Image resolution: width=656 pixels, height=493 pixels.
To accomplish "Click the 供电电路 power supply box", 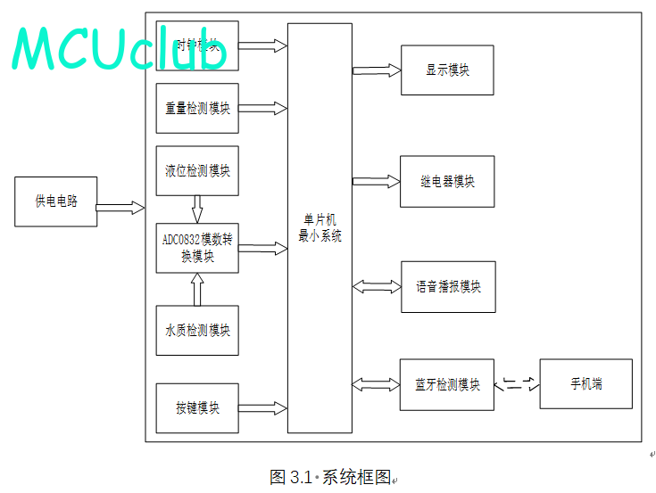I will point(55,201).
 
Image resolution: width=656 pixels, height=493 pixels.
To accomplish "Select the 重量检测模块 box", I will point(197,109).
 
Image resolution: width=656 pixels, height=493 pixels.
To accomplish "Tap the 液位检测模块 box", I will point(197,170).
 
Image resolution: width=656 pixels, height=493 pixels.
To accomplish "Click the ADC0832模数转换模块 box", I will point(197,248).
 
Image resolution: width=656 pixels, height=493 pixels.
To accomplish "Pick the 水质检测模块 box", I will point(197,330).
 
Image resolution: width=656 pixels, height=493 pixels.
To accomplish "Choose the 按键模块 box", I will point(197,408).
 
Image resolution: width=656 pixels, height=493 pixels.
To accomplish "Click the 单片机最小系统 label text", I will point(320,228).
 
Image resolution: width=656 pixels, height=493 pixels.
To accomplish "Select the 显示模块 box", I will point(447,70).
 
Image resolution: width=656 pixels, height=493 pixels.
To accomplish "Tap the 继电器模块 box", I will point(447,182).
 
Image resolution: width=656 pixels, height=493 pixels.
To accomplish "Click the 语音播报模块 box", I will point(447,287).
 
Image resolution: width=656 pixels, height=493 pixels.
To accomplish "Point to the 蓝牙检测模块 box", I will point(447,385).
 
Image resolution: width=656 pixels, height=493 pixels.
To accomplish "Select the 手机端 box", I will point(585,384).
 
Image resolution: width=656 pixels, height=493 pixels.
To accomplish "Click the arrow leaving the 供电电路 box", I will point(120,208).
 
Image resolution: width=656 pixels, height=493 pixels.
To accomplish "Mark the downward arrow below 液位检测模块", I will point(197,210).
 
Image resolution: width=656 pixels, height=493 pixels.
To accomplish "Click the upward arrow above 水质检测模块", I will point(197,289).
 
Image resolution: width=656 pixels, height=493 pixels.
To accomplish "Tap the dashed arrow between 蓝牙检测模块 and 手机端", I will point(517,384).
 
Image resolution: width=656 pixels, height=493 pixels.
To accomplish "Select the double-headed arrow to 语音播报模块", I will point(377,287).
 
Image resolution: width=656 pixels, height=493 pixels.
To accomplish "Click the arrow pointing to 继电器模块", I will point(377,181).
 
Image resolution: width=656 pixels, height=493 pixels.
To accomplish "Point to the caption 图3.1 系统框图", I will point(330,477).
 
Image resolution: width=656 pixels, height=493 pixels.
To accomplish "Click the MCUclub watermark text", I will point(119,50).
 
